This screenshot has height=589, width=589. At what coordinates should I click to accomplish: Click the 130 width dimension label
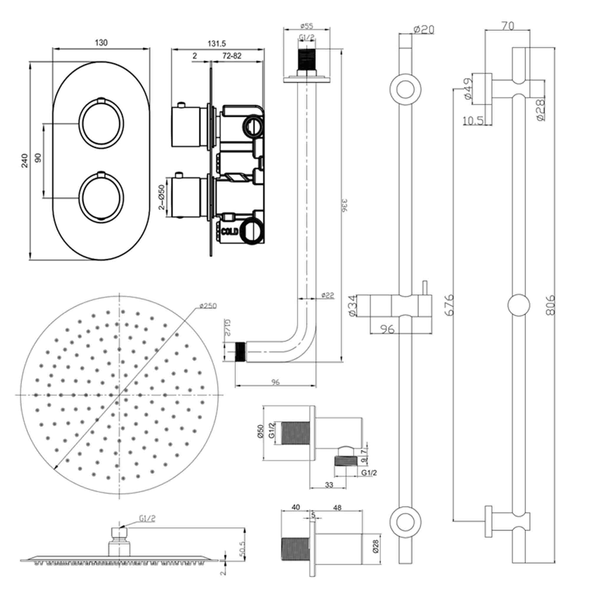pyautogui.click(x=101, y=43)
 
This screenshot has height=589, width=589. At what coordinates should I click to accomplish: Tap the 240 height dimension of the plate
pyautogui.click(x=25, y=161)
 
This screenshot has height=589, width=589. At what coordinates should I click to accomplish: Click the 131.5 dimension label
pyautogui.click(x=217, y=44)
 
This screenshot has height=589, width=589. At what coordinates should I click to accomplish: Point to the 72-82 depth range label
pyautogui.click(x=232, y=56)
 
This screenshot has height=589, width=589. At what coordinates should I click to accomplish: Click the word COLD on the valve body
pyautogui.click(x=230, y=232)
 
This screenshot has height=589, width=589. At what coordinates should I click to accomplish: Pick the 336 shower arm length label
pyautogui.click(x=345, y=206)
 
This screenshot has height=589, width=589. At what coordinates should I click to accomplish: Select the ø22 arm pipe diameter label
pyautogui.click(x=328, y=295)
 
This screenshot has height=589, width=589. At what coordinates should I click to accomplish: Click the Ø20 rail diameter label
pyautogui.click(x=424, y=29)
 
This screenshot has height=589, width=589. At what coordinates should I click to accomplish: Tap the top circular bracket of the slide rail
pyautogui.click(x=406, y=89)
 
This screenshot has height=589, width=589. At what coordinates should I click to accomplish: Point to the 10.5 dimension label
pyautogui.click(x=473, y=121)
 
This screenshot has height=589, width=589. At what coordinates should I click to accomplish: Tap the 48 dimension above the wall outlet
pyautogui.click(x=337, y=508)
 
